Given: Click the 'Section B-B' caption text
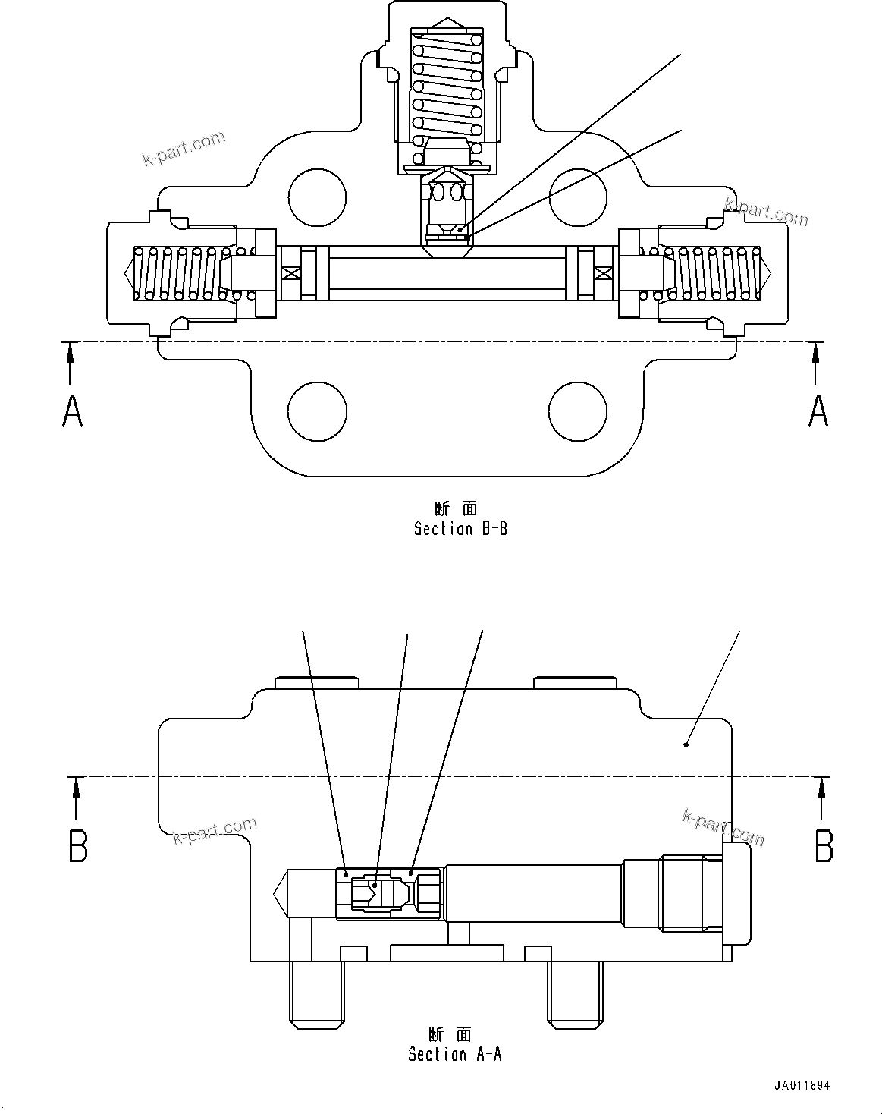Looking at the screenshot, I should [460, 529].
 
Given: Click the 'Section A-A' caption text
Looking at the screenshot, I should [454, 1054].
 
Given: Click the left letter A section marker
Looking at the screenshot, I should [72, 412].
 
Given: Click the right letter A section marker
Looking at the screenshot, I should [818, 412].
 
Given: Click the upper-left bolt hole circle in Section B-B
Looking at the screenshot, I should [317, 197].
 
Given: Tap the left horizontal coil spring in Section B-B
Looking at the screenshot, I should [182, 272].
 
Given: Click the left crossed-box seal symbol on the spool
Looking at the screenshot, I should [291, 272].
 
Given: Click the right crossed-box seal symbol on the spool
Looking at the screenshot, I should [604, 272].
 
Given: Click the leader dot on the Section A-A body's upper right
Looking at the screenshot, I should [686, 744].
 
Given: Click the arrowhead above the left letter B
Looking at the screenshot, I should [76, 791].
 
